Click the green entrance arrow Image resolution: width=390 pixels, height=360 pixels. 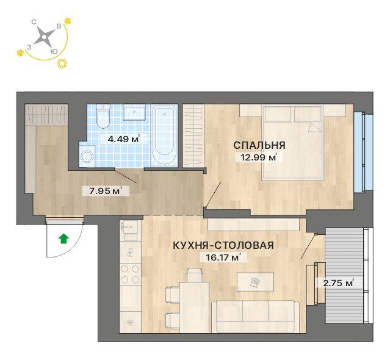pos(62,239)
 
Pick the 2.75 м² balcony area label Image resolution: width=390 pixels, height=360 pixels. pos(338,283)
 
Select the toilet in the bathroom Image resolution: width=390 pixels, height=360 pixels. pos(103,118)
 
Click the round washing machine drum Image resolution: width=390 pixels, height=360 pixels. pos(87,157)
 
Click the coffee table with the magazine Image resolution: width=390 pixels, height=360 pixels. pos(255,281)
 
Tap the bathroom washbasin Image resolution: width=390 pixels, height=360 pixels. pos(134,113)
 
